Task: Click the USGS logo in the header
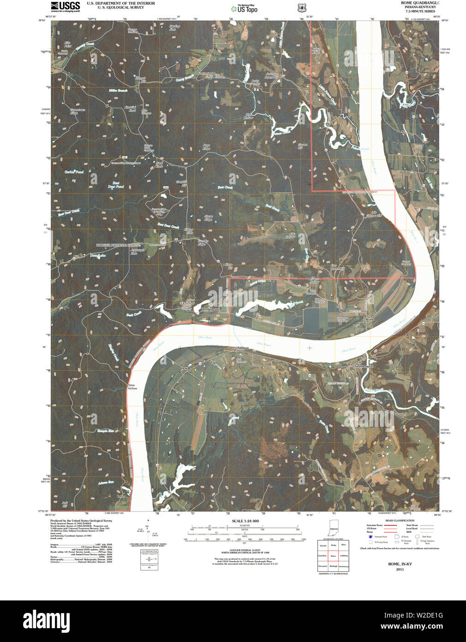pos(65,6)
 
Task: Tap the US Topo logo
pos(245,8)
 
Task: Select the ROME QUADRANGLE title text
pos(414,3)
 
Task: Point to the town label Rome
pos(370,319)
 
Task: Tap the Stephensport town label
pos(364,366)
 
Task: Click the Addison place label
pos(243,348)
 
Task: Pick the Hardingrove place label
pos(210,309)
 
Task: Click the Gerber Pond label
pos(74,171)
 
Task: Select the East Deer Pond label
pos(116,185)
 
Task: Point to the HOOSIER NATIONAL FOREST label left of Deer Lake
pos(118,245)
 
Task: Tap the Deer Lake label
pos(98,255)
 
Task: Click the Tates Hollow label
pos(132,387)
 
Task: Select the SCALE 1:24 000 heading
pos(245,521)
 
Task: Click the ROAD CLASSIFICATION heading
pos(400,521)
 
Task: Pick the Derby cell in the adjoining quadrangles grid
pos(333,545)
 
